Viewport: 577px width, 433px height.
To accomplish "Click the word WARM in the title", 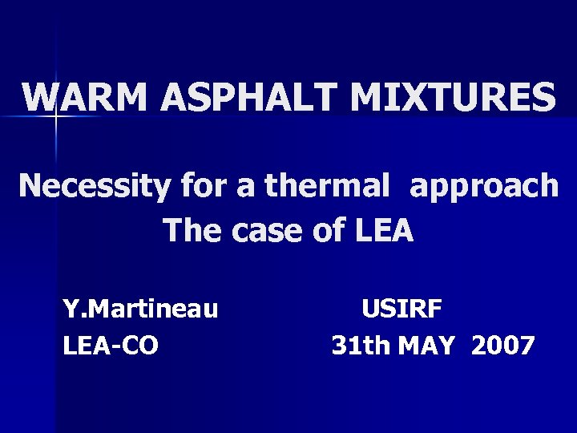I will click(x=87, y=98).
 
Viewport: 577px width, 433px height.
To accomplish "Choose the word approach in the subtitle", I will click(x=485, y=187).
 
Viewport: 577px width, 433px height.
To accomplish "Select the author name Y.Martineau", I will click(x=141, y=309).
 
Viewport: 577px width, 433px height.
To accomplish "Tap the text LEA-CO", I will click(x=111, y=346).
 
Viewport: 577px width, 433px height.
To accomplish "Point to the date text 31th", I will click(x=358, y=346).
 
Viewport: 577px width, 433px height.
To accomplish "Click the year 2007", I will click(x=502, y=346).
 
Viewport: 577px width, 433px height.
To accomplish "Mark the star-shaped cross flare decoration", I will click(x=57, y=117).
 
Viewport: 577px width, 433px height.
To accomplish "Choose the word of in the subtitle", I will click(x=322, y=231).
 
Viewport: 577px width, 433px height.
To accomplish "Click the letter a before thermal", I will click(x=243, y=187).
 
